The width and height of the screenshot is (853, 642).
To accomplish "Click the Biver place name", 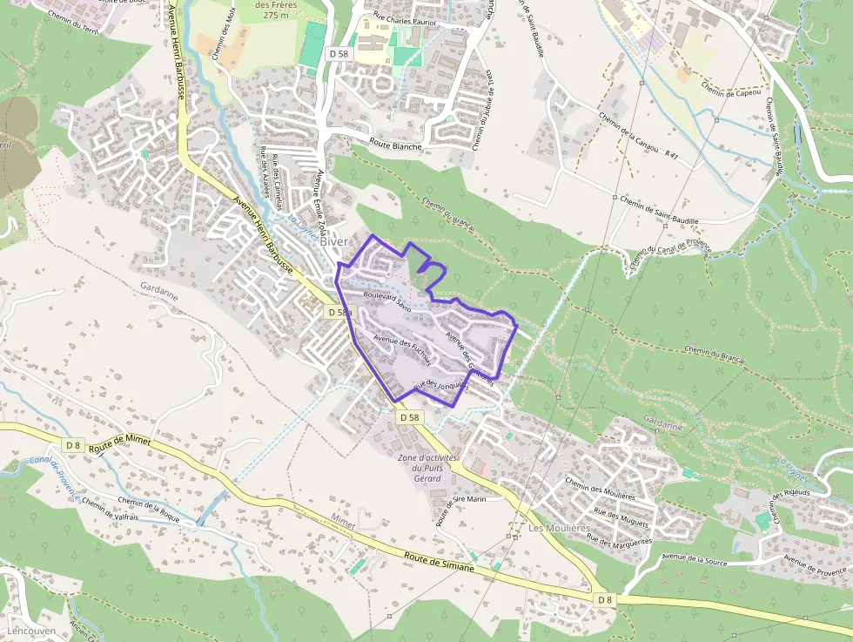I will click(334, 242).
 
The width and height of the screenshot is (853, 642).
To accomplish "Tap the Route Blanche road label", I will click(395, 145).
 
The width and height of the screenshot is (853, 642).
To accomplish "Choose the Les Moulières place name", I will click(559, 529).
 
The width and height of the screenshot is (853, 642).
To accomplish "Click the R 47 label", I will click(671, 154).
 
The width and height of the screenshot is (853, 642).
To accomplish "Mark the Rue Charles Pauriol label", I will click(403, 17).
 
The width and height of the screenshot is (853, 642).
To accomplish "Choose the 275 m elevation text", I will click(277, 16).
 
